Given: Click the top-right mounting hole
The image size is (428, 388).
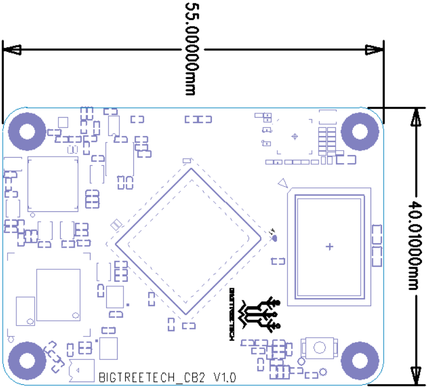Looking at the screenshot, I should coord(360,131).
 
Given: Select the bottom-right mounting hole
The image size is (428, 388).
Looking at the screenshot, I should coord(360,358).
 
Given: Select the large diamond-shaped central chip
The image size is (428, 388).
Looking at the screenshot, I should coord(190,241).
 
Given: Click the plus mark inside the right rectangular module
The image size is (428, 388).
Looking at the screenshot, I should coord(329,247).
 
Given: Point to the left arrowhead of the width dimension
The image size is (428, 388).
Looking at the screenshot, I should coord(12,50).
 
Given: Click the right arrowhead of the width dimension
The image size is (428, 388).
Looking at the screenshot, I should coord(374,50).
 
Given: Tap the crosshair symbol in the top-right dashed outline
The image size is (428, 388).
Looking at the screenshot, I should coord(295,136).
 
